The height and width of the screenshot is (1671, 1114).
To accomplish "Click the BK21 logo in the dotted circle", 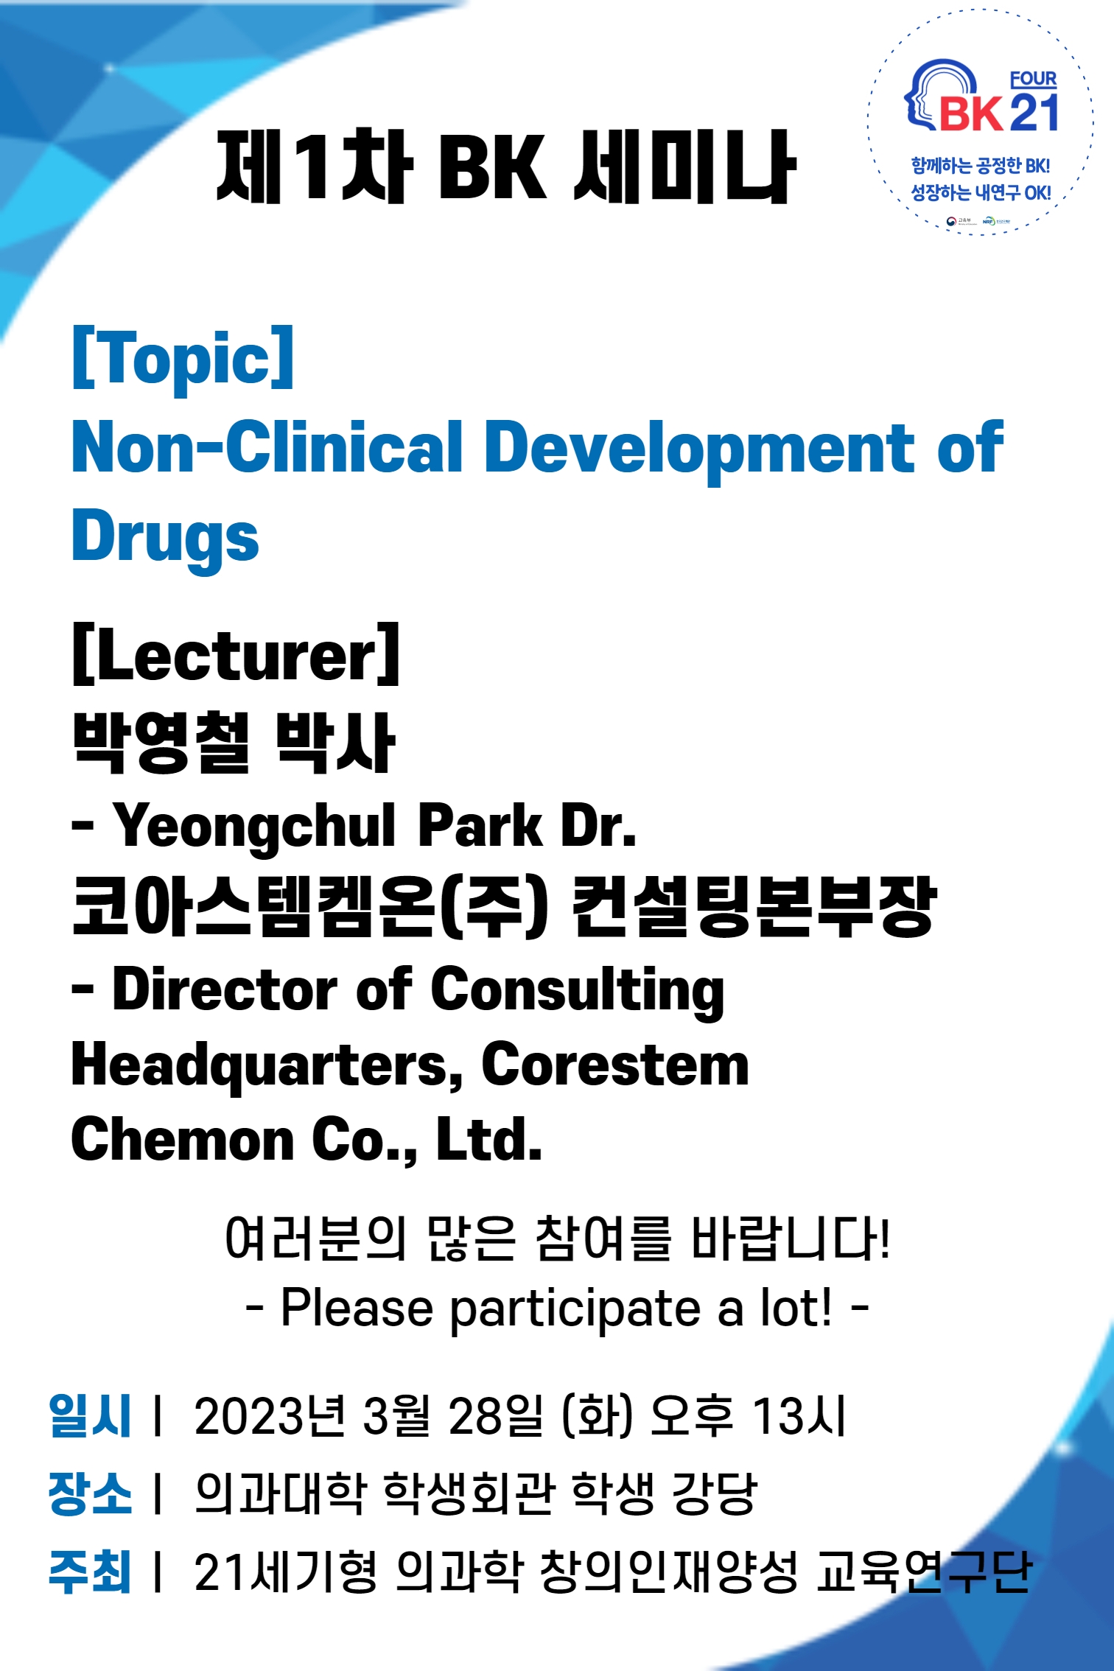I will (981, 100).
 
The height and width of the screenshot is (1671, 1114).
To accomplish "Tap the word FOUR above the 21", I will (1033, 79).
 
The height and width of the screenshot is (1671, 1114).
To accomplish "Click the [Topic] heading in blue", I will (183, 359).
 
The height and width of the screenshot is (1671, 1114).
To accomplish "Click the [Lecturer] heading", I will (236, 654).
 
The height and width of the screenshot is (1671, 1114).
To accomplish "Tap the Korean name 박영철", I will (162, 742).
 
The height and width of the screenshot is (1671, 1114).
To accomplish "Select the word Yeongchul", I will (254, 827).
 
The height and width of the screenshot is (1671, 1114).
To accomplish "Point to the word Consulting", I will (578, 989).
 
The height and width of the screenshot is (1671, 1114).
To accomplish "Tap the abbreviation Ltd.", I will (488, 1139).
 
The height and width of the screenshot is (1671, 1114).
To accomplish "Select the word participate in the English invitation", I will (575, 1309).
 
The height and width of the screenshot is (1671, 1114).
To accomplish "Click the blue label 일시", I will (89, 1415).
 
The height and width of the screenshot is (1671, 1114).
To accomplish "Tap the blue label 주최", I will (89, 1572).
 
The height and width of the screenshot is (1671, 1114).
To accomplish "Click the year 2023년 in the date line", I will (270, 1415).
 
